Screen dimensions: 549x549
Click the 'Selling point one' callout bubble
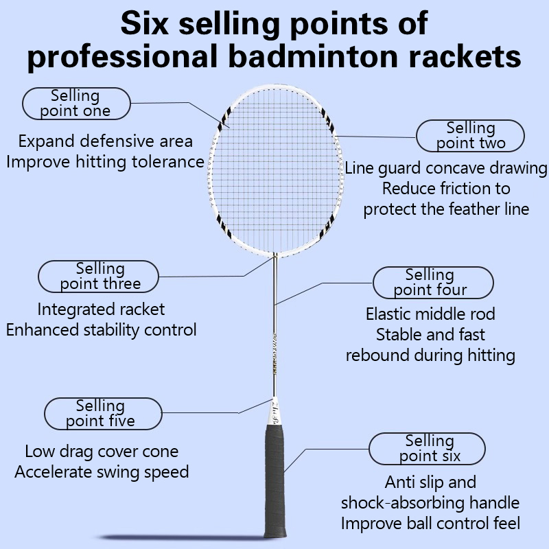(76, 104)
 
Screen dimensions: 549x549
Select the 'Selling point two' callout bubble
(470, 136)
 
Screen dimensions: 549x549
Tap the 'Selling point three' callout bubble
(98, 277)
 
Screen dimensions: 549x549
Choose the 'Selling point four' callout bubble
(433, 283)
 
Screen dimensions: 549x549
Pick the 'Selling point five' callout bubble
(103, 414)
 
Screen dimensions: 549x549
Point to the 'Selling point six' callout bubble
(427, 449)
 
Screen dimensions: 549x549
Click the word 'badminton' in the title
(314, 56)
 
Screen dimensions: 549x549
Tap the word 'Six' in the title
(145, 23)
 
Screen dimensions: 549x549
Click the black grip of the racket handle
(274, 481)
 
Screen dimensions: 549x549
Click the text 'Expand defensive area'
(106, 141)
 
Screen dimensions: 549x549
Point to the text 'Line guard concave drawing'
(446, 168)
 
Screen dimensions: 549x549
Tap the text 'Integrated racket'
(101, 309)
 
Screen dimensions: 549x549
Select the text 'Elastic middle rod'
(431, 314)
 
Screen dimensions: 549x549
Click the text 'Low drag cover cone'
(102, 452)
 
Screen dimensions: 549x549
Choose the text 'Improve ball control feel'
(431, 524)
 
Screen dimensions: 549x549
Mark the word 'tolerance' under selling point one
(167, 162)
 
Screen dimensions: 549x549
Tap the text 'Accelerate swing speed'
(102, 472)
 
